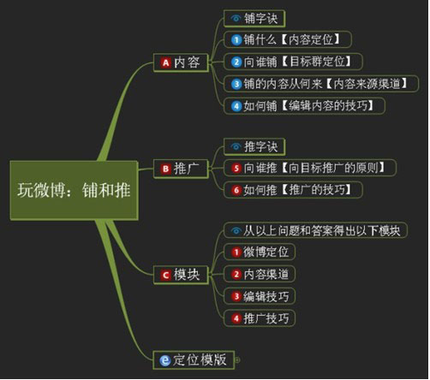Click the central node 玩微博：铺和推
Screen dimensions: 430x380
pyautogui.click(x=75, y=190)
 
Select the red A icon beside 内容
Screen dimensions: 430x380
pyautogui.click(x=166, y=62)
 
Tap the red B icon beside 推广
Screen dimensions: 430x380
pyautogui.click(x=166, y=169)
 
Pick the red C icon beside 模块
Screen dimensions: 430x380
pyautogui.click(x=166, y=275)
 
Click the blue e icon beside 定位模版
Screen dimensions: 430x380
pyautogui.click(x=165, y=360)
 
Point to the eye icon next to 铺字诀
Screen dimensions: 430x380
pyautogui.click(x=236, y=19)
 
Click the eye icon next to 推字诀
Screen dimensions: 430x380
pyautogui.click(x=236, y=146)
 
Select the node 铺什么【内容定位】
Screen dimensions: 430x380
pyautogui.click(x=288, y=39)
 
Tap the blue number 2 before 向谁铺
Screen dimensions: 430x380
pyautogui.click(x=236, y=62)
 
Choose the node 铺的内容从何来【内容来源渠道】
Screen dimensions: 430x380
pyautogui.click(x=321, y=84)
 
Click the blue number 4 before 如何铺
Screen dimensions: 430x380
pyautogui.click(x=236, y=106)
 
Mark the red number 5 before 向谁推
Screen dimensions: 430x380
pyautogui.click(x=236, y=168)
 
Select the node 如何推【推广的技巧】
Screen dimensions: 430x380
pyautogui.click(x=293, y=190)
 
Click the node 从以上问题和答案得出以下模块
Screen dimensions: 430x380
pyautogui.click(x=315, y=230)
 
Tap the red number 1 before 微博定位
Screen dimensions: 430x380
pyautogui.click(x=236, y=252)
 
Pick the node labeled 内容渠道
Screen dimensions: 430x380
pyautogui.click(x=260, y=274)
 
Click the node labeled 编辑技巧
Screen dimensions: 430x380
pyautogui.click(x=260, y=296)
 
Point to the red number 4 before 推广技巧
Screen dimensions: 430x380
pyautogui.click(x=236, y=318)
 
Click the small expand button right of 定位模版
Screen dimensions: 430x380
pyautogui.click(x=237, y=360)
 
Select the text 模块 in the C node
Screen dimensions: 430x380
pyautogui.click(x=187, y=275)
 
